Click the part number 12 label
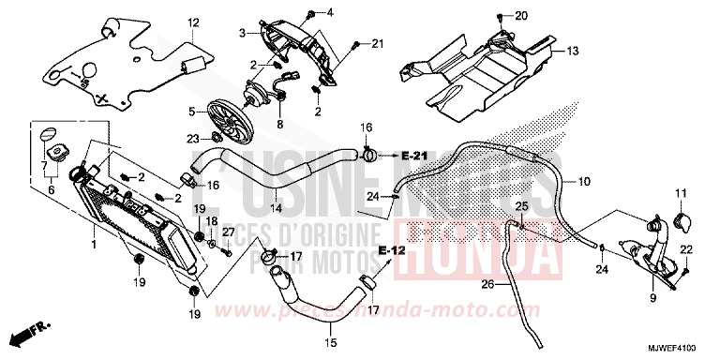(x=192, y=22)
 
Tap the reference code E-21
(x=413, y=155)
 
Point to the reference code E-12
(x=393, y=251)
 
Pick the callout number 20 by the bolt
(x=522, y=15)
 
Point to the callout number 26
(x=487, y=285)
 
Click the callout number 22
(x=686, y=247)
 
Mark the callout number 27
(x=228, y=232)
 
